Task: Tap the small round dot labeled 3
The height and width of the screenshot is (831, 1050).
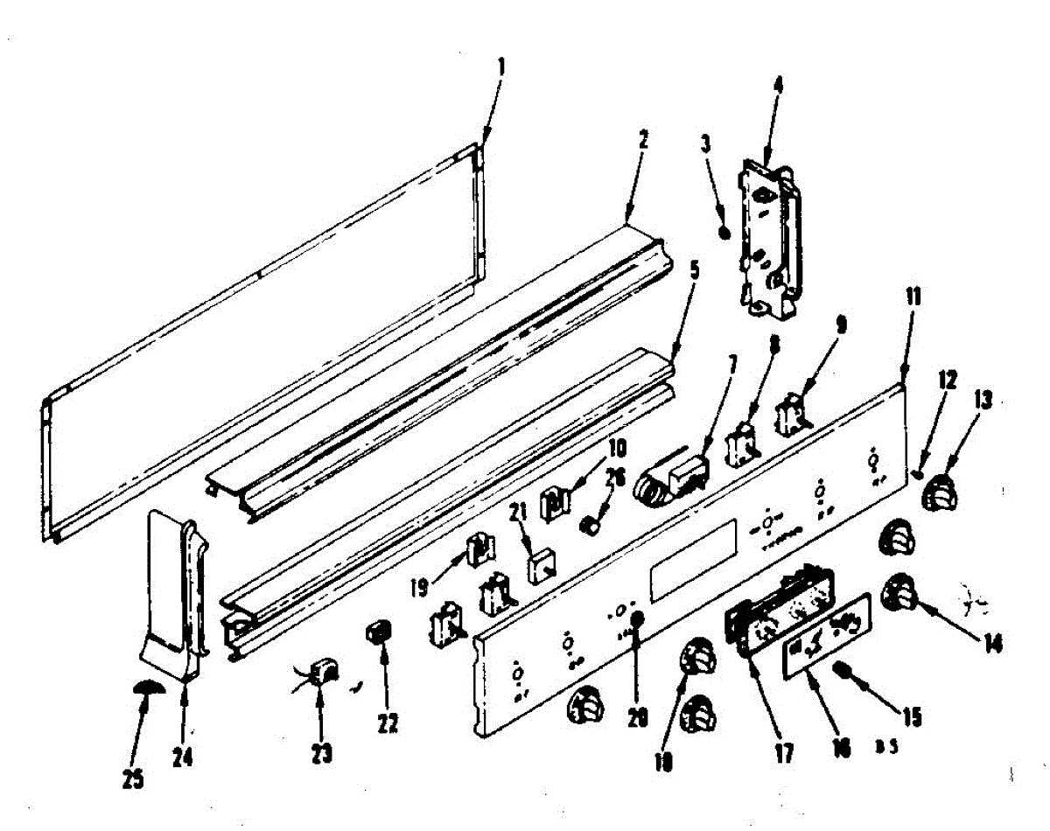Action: click(724, 231)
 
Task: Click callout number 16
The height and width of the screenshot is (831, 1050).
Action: click(842, 750)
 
